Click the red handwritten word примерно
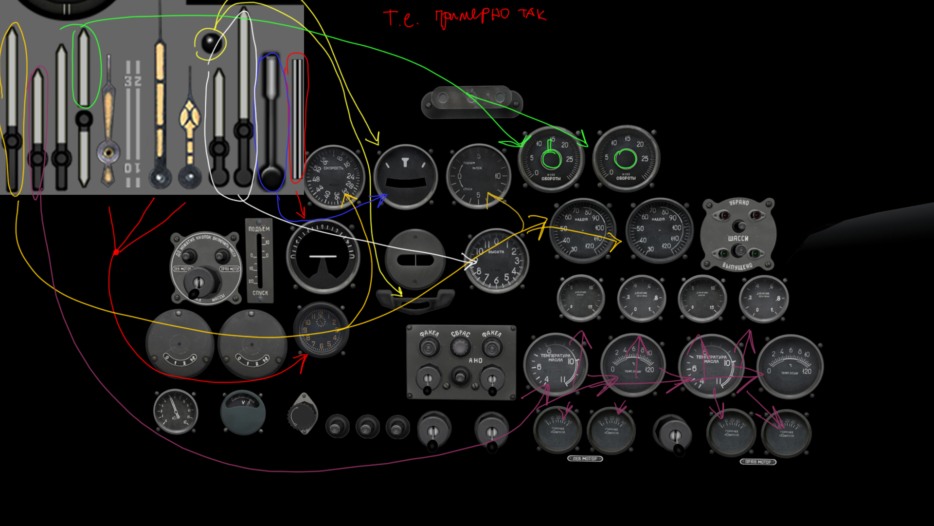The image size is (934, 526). coord(472,17)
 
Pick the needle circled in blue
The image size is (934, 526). coord(271,122)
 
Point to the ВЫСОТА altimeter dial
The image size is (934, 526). coord(497,261)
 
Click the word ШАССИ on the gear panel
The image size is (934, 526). coord(738,239)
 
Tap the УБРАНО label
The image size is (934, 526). coord(738,203)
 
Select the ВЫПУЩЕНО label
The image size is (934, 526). coord(737,266)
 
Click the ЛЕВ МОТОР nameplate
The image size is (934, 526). coord(585,459)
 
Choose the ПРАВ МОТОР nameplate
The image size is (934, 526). coord(758,462)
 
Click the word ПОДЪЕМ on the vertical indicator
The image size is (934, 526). coord(259,228)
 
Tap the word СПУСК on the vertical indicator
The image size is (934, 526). coord(260,293)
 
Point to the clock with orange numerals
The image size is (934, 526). coord(321,330)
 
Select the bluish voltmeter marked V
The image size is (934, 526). coord(243,412)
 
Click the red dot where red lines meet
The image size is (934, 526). coord(116,252)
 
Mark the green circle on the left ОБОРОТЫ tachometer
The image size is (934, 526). coord(551,158)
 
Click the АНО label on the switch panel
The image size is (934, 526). coord(475,361)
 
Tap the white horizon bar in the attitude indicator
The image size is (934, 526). coord(323,256)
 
